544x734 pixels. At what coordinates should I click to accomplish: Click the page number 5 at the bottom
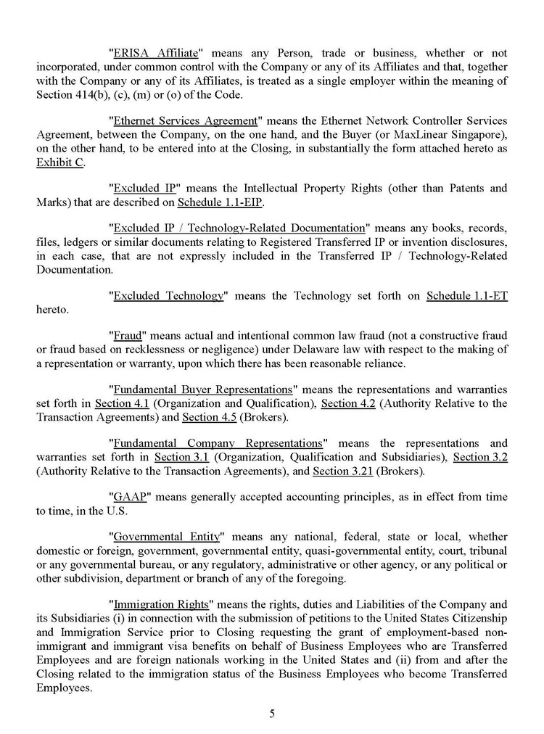point(272,713)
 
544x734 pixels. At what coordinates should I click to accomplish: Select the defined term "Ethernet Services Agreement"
point(186,120)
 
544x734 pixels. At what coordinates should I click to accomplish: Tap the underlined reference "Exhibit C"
point(59,162)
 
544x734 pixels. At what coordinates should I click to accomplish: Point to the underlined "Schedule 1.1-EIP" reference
point(220,202)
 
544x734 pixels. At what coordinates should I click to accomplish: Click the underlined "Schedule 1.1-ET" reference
point(466,296)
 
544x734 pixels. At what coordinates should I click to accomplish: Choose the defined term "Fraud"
point(130,336)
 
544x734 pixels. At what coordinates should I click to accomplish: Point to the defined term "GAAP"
point(131,497)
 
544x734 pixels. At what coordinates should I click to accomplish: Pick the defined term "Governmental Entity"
point(166,537)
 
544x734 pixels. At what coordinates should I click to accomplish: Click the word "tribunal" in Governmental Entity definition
point(485,550)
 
